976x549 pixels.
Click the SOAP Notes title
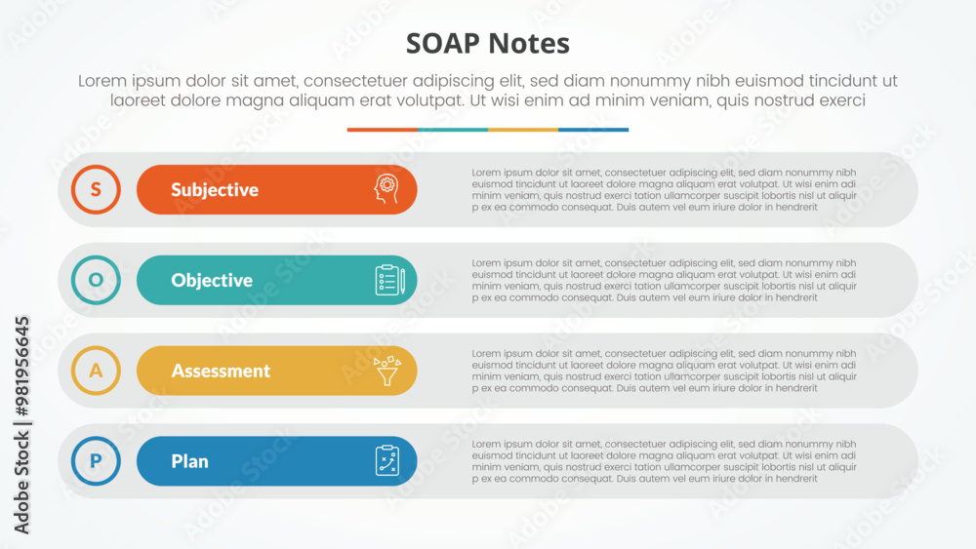pos(487,44)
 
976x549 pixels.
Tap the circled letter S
pos(96,189)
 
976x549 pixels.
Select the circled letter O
pos(96,280)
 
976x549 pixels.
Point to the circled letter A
pos(96,371)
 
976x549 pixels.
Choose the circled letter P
pos(96,460)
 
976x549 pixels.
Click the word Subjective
pos(215,189)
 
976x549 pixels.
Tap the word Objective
pos(212,281)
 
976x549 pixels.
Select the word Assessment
pos(221,371)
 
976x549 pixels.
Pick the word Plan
pos(190,461)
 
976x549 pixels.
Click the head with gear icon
pos(386,189)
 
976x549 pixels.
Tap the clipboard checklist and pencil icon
pos(390,280)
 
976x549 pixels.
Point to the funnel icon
pos(387,372)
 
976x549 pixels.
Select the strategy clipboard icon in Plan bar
pos(387,460)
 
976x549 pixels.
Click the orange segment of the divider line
pos(383,130)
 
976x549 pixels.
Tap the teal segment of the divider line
pos(453,130)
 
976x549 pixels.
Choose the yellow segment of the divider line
pos(523,130)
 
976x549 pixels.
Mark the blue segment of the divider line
pos(593,130)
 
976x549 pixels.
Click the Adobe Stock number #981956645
pos(22,367)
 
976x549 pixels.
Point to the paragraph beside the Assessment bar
pos(664,371)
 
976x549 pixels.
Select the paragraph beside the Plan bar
pos(664,461)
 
